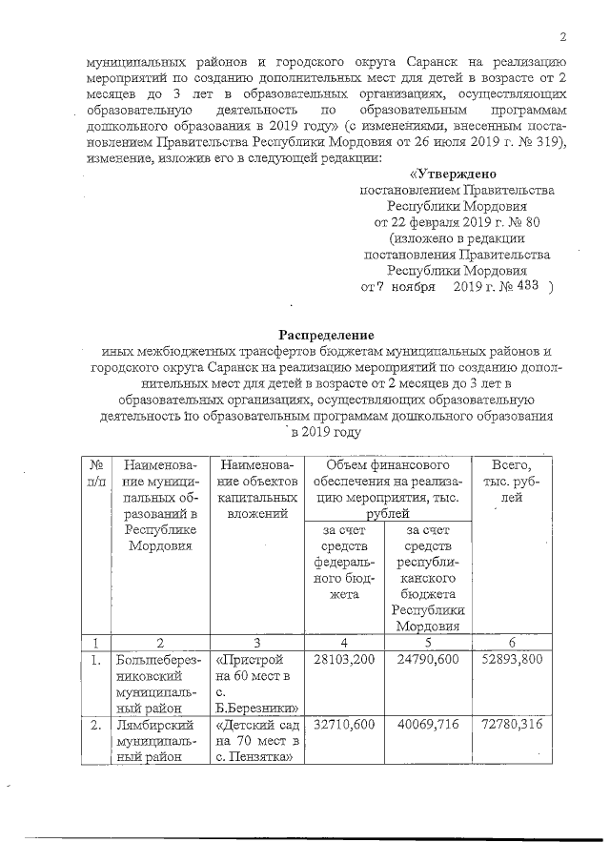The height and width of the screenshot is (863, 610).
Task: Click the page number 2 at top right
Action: click(x=563, y=37)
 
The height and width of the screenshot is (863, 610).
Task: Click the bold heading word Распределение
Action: click(x=326, y=335)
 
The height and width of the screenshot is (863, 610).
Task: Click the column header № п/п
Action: click(x=96, y=473)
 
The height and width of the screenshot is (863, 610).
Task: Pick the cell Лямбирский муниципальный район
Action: click(x=156, y=742)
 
